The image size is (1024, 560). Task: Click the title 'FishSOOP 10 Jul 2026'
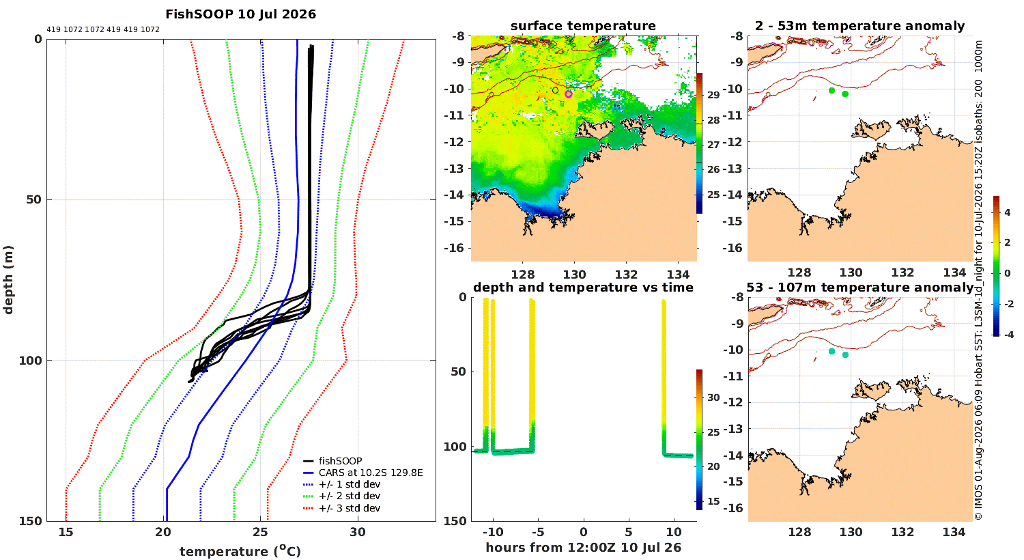click(x=240, y=14)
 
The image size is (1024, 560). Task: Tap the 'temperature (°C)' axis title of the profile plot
click(x=240, y=551)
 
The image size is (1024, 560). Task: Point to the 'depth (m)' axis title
click(x=8, y=280)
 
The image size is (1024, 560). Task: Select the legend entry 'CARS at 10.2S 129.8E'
click(x=371, y=473)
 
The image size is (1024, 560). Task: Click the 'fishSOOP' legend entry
click(x=341, y=461)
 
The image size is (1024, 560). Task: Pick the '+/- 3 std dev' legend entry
click(x=350, y=508)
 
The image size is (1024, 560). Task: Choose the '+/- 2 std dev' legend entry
click(x=350, y=496)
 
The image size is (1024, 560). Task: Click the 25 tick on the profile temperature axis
click(x=261, y=533)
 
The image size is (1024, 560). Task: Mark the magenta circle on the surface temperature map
click(x=568, y=94)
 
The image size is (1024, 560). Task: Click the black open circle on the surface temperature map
click(x=555, y=91)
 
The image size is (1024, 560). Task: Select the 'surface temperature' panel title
click(x=583, y=26)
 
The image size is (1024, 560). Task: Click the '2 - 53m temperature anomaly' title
click(x=860, y=26)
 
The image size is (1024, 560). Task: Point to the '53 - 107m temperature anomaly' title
click(x=860, y=288)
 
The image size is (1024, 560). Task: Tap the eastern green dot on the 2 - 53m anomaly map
click(x=845, y=94)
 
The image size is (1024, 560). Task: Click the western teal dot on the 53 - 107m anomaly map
click(x=832, y=352)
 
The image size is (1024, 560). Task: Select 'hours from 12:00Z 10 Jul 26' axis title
click(x=583, y=548)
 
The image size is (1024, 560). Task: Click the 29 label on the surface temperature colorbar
click(x=713, y=95)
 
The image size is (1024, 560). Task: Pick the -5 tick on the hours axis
click(x=539, y=533)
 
